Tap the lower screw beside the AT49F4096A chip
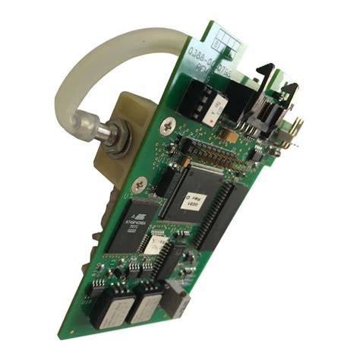tap(139, 182)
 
